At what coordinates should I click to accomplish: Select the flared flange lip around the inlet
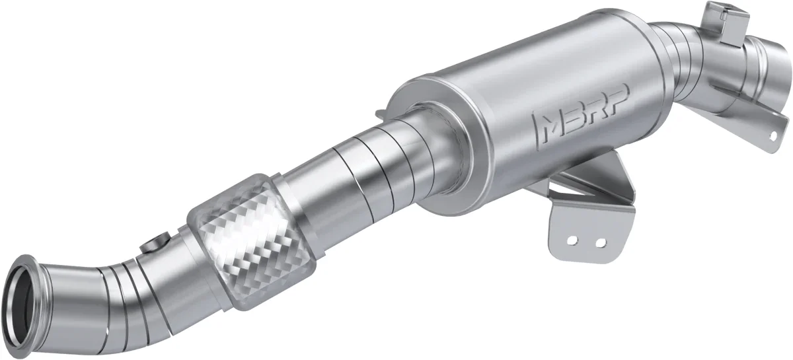(20, 297)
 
